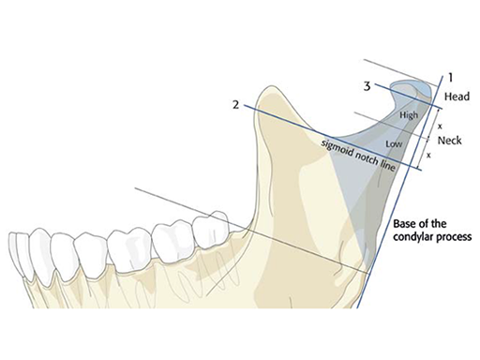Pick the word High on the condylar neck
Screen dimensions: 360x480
[x=409, y=115]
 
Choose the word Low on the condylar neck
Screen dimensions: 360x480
[x=395, y=143]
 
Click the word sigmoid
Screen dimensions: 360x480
[x=337, y=142]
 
